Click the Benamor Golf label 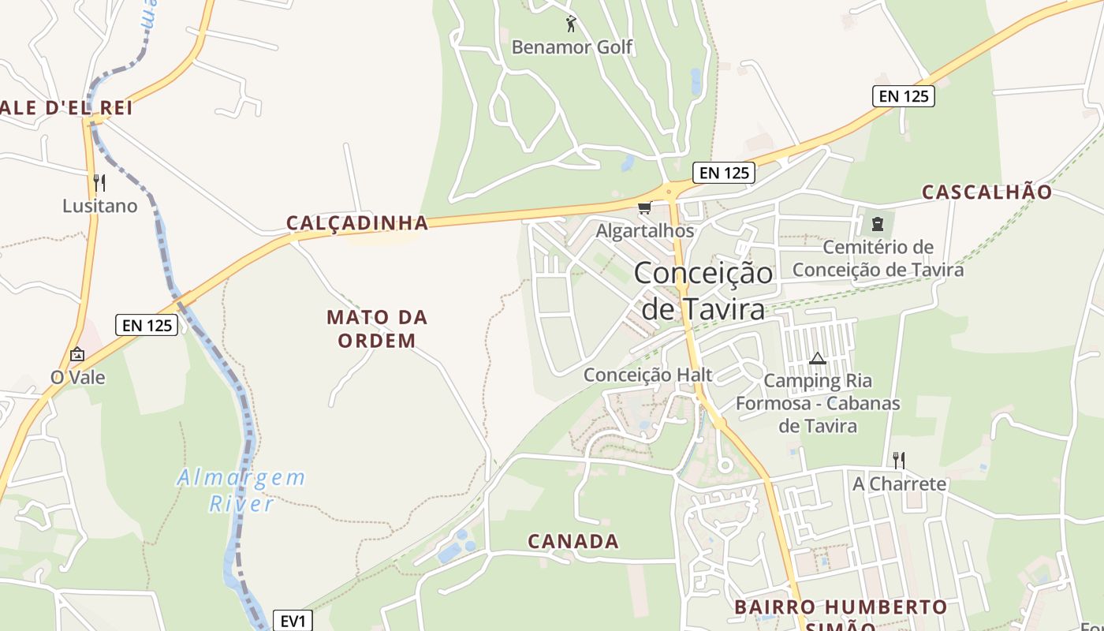pyautogui.click(x=572, y=47)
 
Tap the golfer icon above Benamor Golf pyautogui.click(x=572, y=24)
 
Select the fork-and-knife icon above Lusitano pyautogui.click(x=99, y=183)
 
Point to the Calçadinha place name pyautogui.click(x=357, y=223)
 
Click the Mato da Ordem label pyautogui.click(x=376, y=329)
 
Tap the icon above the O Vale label pyautogui.click(x=77, y=354)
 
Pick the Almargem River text pyautogui.click(x=241, y=490)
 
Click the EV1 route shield pyautogui.click(x=293, y=621)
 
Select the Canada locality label pyautogui.click(x=573, y=542)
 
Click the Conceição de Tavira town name pyautogui.click(x=703, y=290)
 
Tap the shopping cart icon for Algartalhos pyautogui.click(x=645, y=208)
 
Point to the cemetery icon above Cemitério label pyautogui.click(x=877, y=224)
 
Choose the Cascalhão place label pyautogui.click(x=987, y=192)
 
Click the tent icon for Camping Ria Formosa pyautogui.click(x=818, y=359)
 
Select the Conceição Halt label pyautogui.click(x=647, y=375)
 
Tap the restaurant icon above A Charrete pyautogui.click(x=898, y=460)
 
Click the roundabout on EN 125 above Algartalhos pyautogui.click(x=669, y=191)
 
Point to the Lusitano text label pyautogui.click(x=100, y=207)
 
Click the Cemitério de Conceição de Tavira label pyautogui.click(x=878, y=259)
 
